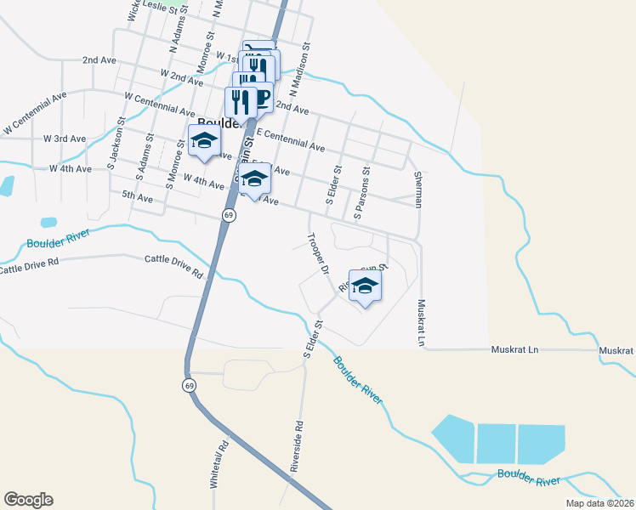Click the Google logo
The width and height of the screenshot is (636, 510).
pyautogui.click(x=28, y=500)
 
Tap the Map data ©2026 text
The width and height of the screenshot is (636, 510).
pyautogui.click(x=600, y=503)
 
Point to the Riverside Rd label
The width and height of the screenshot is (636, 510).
pyautogui.click(x=297, y=445)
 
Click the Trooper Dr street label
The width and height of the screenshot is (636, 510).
pyautogui.click(x=317, y=254)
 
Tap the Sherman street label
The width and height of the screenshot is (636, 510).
pyautogui.click(x=417, y=189)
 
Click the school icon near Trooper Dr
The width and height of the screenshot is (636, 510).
pyautogui.click(x=365, y=286)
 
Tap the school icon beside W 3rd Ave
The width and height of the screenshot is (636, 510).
pyautogui.click(x=204, y=142)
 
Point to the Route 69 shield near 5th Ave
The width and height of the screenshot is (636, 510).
pyautogui.click(x=229, y=216)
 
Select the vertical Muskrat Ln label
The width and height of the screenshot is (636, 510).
pyautogui.click(x=420, y=322)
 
